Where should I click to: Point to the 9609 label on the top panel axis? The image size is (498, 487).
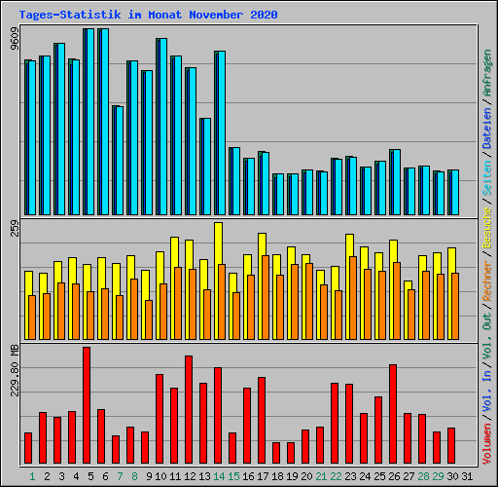tap(13, 39)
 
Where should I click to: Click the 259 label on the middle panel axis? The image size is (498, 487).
tap(13, 230)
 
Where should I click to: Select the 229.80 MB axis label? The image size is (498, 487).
tap(13, 370)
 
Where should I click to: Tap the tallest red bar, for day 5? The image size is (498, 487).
tap(87, 405)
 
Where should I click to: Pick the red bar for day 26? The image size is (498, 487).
tap(393, 414)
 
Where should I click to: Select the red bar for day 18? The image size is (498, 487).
tap(276, 453)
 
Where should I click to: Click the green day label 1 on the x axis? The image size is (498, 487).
tap(32, 476)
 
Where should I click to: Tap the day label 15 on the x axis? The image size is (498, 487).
tap(232, 476)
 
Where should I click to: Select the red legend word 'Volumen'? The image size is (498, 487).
tap(487, 444)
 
